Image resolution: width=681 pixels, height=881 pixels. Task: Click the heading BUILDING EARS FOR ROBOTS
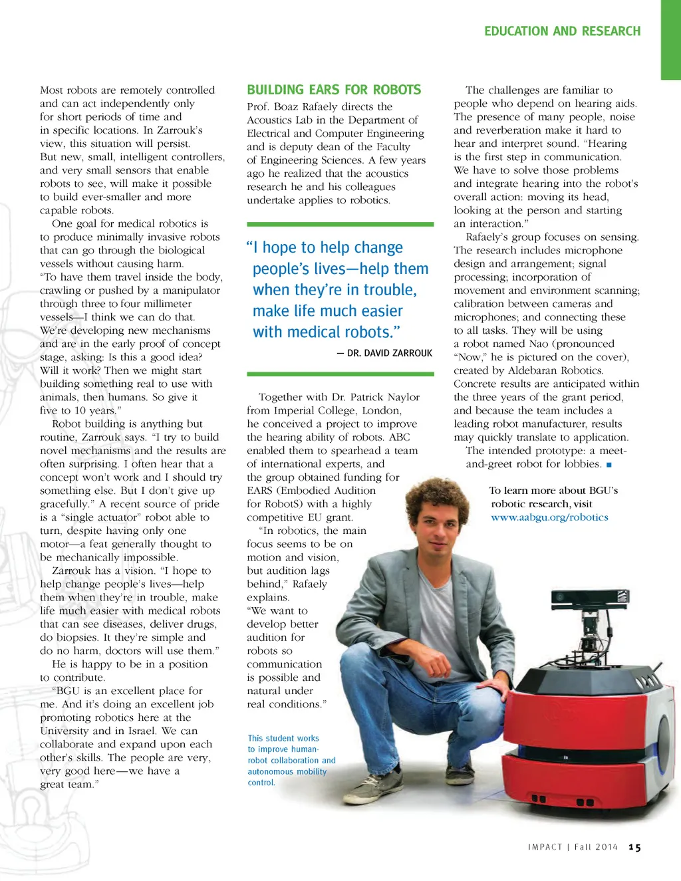[x=334, y=90]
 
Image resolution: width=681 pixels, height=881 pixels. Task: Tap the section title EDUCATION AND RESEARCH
[x=562, y=31]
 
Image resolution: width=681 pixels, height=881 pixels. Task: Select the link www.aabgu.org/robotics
[x=549, y=517]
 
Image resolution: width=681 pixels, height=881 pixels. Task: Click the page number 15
[x=635, y=847]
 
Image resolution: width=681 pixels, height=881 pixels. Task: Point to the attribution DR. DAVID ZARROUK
[x=384, y=353]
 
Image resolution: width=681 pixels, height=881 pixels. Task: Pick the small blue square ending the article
[x=609, y=465]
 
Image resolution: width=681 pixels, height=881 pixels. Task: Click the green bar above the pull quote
[x=340, y=225]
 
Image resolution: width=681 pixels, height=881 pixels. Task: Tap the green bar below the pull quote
[x=340, y=374]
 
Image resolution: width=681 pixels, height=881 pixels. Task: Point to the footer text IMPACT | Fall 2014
[x=573, y=847]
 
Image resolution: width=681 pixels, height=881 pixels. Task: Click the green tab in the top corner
[x=670, y=40]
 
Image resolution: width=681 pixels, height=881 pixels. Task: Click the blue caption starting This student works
[x=291, y=760]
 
